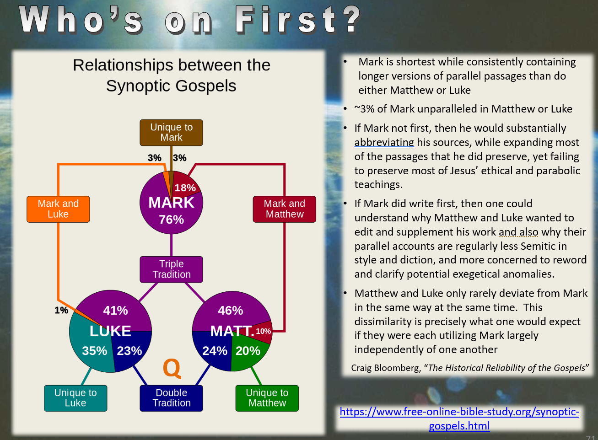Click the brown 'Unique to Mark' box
pos(171,133)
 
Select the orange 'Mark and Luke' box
pos(58,209)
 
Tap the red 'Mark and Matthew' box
pos(284,209)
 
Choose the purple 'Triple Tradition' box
pos(171,269)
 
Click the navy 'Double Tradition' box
pos(171,398)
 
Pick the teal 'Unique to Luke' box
pos(75,398)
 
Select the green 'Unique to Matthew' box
pos(267,398)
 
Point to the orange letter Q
pos(172,368)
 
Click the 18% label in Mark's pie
pos(185,188)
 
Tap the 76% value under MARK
pos(172,220)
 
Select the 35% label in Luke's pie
pos(95,351)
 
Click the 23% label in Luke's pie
pos(129,351)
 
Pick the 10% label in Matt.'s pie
pos(263,331)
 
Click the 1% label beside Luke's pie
pos(61,310)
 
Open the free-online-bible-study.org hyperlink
pos(459,419)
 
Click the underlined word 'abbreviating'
pos(384,142)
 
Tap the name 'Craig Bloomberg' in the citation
pos(386,368)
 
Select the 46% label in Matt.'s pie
pos(231,310)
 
